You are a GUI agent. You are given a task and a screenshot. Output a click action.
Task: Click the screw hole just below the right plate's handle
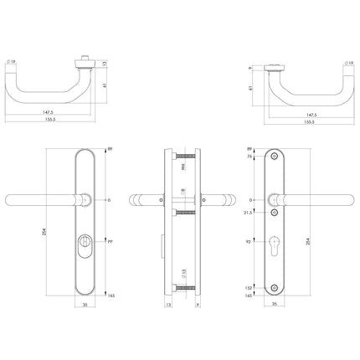[278, 213]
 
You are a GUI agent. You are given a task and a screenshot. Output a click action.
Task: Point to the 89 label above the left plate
[112, 148]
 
